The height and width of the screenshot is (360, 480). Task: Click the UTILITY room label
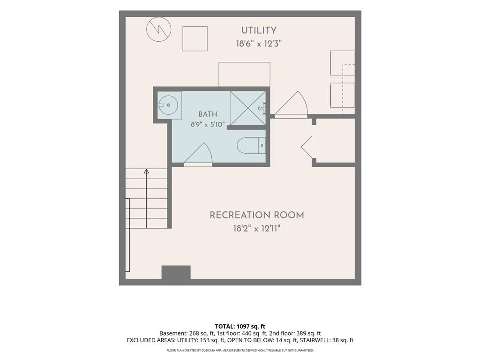(259, 30)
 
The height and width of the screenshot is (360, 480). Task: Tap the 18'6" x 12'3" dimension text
(259, 44)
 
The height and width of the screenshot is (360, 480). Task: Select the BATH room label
(208, 114)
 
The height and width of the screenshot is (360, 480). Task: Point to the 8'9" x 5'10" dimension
(208, 125)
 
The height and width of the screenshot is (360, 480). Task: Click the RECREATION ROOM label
(257, 215)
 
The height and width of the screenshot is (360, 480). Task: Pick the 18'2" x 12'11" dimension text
(257, 228)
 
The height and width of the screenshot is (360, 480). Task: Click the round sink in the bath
(168, 105)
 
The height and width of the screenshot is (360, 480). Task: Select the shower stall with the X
(247, 108)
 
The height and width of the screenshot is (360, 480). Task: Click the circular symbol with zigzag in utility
(158, 29)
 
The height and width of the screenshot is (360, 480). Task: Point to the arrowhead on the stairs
(146, 171)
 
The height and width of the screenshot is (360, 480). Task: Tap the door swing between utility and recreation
(291, 104)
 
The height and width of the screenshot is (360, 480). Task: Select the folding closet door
(307, 147)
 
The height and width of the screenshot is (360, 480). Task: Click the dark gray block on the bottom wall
(176, 272)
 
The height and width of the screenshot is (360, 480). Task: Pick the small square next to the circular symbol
(195, 38)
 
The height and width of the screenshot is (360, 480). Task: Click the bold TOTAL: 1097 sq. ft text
(240, 326)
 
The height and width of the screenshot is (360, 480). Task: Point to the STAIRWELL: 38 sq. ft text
(327, 340)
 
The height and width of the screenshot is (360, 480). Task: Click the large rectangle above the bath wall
(244, 75)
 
